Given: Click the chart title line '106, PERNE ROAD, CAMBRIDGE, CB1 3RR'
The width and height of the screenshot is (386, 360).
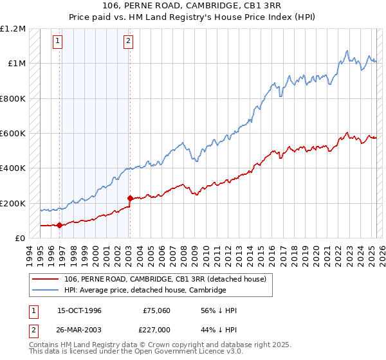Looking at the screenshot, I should click(193, 6).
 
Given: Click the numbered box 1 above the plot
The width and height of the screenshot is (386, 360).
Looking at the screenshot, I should click(58, 41).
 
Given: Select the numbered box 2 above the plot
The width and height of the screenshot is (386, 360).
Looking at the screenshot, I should click(128, 41).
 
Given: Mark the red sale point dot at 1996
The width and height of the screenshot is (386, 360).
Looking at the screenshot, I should click(60, 225).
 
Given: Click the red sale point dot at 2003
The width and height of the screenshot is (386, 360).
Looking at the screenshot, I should click(130, 199).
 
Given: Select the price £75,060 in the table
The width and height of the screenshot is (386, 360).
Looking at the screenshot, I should click(156, 310).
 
